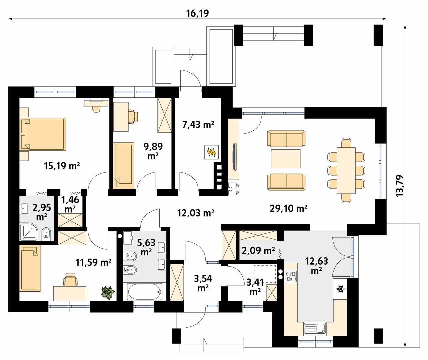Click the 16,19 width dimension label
coord(197,13)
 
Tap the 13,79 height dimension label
coord(400,186)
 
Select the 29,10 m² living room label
coord(288,208)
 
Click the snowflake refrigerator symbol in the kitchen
coord(341,289)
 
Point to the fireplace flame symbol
coord(211,152)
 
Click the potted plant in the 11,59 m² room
coord(108,293)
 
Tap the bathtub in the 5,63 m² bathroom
coord(145,292)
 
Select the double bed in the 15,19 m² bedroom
coord(43,134)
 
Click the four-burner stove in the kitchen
coord(291,276)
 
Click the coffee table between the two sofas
coord(286,159)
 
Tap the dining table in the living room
coord(346,170)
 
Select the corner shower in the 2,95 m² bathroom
coord(29,232)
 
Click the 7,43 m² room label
coord(198,125)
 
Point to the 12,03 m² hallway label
coord(196,213)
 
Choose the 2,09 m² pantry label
coord(258,251)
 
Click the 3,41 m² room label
coord(255,287)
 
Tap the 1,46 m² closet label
coord(70,204)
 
